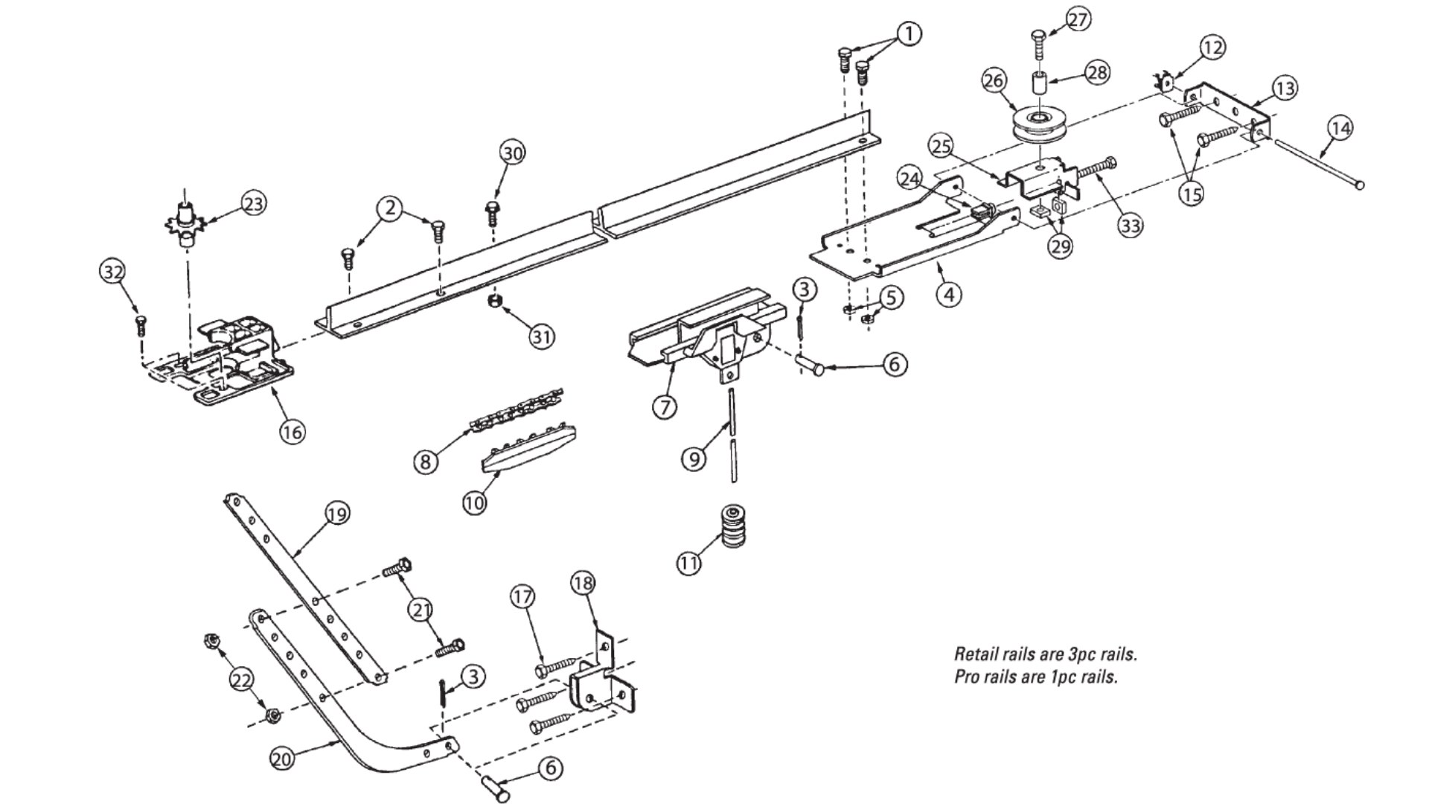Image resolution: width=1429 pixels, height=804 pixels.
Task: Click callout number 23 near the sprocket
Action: point(255,203)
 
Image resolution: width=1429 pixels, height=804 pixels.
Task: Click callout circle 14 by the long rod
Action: point(1340,129)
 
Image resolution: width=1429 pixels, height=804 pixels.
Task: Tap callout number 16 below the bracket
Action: point(292,431)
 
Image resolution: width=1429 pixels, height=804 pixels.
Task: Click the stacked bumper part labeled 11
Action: point(733,526)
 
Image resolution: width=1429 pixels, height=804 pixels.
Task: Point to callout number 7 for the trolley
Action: point(665,406)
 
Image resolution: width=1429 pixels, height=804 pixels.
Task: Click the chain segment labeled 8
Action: point(517,409)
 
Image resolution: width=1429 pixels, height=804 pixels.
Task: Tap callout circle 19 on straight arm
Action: point(338,514)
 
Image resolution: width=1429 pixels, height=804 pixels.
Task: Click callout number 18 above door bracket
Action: point(583,584)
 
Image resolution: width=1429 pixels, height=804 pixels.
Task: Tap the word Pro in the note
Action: point(966,677)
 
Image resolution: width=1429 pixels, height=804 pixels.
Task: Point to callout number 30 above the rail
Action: point(512,153)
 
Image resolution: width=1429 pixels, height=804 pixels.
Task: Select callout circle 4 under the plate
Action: point(949,294)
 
